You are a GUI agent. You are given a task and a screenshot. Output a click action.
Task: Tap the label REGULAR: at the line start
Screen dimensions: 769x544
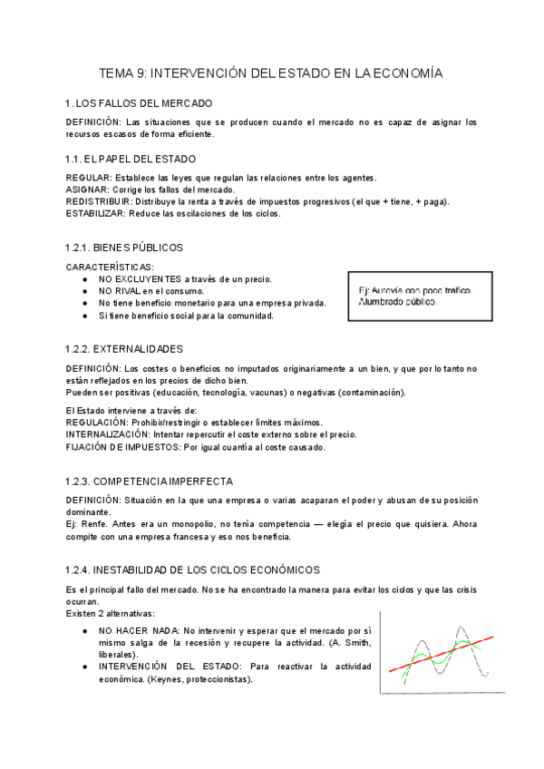89,177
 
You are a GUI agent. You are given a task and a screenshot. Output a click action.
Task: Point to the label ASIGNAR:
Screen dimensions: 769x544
87,190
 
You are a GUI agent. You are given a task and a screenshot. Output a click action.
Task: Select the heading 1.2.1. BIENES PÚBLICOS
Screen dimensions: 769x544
124,247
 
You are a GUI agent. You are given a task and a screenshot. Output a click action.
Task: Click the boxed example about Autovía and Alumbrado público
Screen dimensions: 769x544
420,296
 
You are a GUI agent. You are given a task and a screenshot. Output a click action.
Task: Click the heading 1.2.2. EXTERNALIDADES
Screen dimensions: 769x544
124,348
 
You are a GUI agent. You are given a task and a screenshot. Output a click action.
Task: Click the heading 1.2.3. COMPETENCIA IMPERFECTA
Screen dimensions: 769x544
149,481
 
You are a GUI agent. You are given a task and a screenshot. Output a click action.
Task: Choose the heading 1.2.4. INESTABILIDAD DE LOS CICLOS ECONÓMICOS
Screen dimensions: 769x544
192,569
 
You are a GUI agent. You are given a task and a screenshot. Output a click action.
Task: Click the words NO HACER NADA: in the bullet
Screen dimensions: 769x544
140,629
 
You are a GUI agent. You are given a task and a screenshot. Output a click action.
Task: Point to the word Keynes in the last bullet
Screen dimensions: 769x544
165,679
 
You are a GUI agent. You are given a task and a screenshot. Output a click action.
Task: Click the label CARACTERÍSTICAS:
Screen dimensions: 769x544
104,267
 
